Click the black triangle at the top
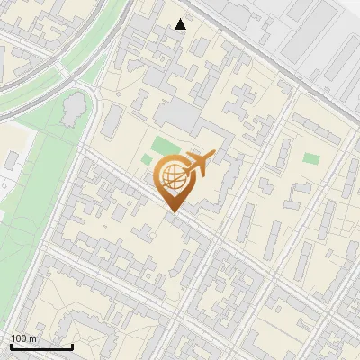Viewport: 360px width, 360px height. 181,24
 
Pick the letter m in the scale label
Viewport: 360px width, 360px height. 32,337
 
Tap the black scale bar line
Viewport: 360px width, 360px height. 41,346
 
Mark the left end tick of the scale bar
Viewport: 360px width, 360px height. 11,345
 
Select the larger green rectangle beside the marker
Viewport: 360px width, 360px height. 166,145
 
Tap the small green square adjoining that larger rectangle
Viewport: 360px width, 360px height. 148,160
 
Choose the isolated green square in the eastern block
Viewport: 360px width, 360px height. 311,157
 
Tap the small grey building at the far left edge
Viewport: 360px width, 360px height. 11,161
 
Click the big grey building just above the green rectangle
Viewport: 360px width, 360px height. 180,117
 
